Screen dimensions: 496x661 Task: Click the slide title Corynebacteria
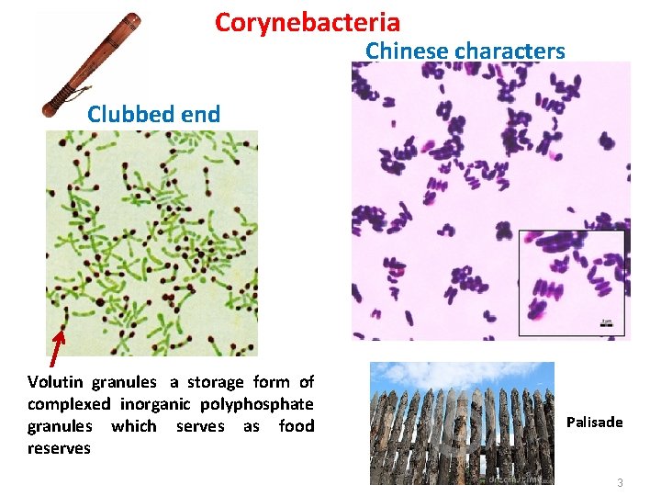(307, 22)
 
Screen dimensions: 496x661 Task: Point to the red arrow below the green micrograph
(56, 347)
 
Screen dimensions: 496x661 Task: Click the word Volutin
(57, 382)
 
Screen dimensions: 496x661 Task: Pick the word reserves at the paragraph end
(59, 448)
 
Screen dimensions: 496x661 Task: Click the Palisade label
(594, 423)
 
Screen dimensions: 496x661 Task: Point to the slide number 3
(620, 483)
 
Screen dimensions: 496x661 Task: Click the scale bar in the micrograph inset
(608, 324)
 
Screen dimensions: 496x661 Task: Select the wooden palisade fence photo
(462, 423)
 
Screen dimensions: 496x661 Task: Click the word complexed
(70, 404)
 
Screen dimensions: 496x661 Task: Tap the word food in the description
(297, 426)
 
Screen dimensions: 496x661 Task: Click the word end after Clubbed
(201, 115)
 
